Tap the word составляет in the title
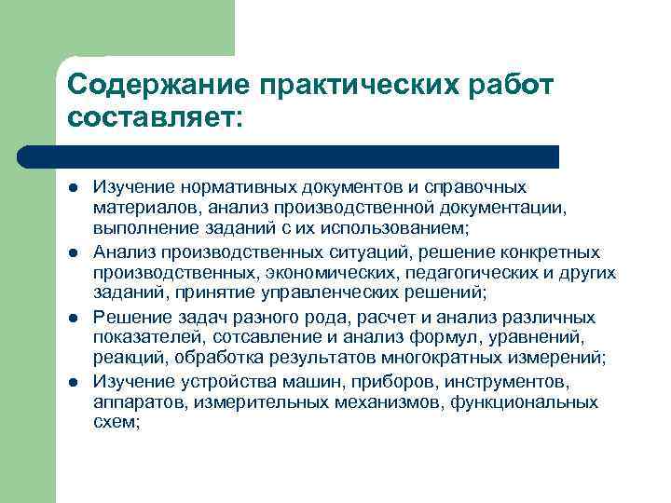(150, 118)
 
